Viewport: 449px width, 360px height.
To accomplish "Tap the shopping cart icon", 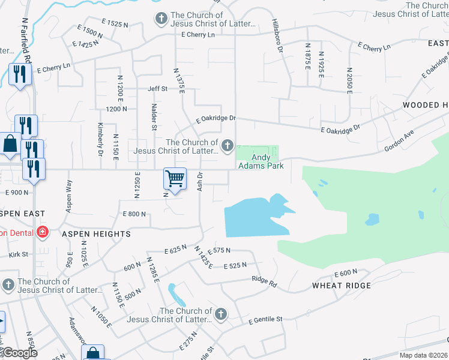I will click(x=174, y=178).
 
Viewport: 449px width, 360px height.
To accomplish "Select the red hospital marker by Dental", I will click(x=42, y=232).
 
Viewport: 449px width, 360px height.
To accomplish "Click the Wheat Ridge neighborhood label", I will click(x=342, y=286).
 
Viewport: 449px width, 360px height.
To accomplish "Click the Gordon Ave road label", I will click(x=400, y=142).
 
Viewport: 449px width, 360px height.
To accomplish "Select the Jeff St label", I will click(x=157, y=89).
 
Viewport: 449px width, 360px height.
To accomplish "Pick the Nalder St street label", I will click(x=154, y=118).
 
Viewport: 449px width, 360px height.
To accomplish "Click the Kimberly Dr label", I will click(x=100, y=139).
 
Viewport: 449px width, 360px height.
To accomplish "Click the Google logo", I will click(x=20, y=352).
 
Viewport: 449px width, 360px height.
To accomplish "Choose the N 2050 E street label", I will click(x=348, y=80).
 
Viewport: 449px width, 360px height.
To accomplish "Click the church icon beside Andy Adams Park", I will click(x=228, y=145).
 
